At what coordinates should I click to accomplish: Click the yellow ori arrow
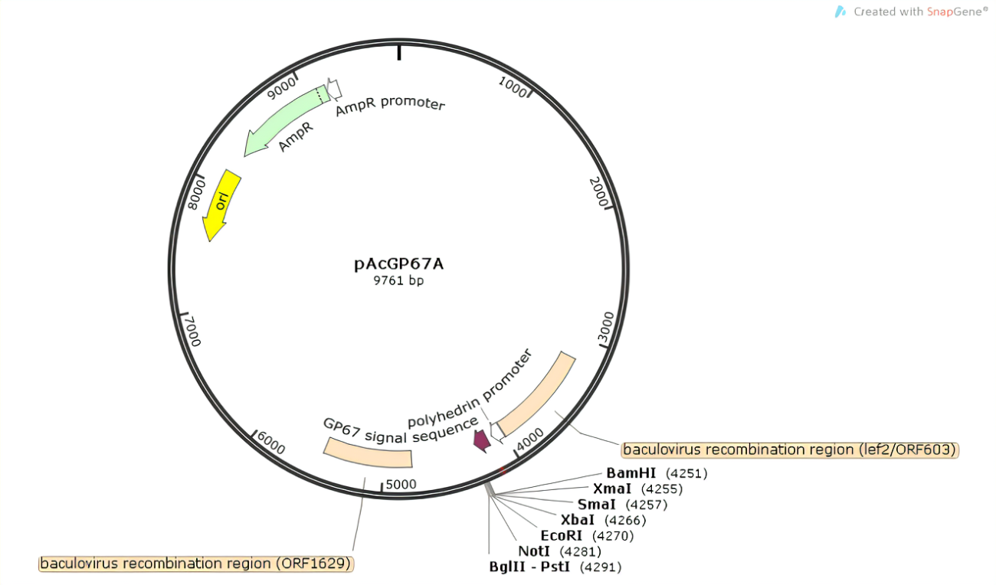(221, 204)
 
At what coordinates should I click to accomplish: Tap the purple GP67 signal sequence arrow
(481, 440)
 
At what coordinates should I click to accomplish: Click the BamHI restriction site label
(631, 473)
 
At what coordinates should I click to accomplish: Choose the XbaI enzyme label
(578, 520)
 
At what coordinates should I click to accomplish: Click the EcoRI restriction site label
(562, 535)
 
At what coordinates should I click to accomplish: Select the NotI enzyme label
(534, 551)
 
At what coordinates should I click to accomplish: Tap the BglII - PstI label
(530, 567)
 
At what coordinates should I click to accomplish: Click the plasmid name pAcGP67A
(398, 264)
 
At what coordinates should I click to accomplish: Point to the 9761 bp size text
(398, 281)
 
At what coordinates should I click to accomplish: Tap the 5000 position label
(400, 484)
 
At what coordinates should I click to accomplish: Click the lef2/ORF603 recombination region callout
(790, 449)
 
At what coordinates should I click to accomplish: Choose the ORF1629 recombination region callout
(196, 564)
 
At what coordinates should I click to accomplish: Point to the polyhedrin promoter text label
(469, 389)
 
